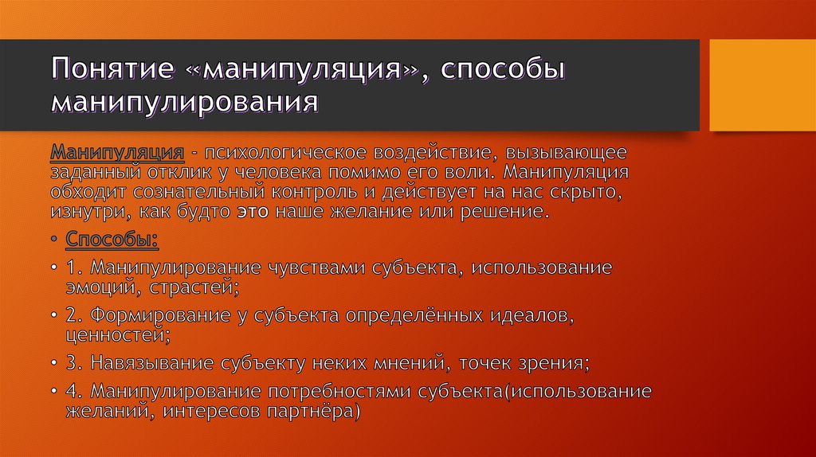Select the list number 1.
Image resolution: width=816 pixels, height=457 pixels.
(73, 268)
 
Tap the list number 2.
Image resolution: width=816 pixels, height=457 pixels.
(73, 315)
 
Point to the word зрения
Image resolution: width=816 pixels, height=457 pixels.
(555, 363)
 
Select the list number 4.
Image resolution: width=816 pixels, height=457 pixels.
(73, 392)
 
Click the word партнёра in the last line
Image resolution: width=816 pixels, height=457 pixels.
(316, 412)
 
